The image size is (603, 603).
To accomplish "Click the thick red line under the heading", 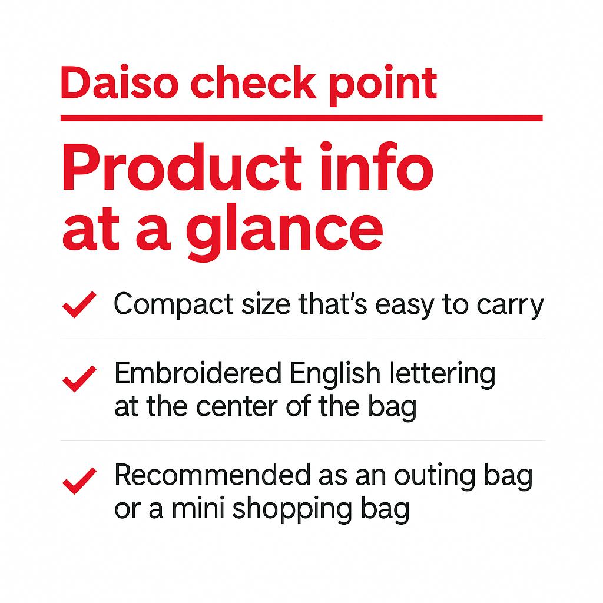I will (x=301, y=118).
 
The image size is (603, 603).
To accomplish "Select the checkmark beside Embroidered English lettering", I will (x=79, y=378).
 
